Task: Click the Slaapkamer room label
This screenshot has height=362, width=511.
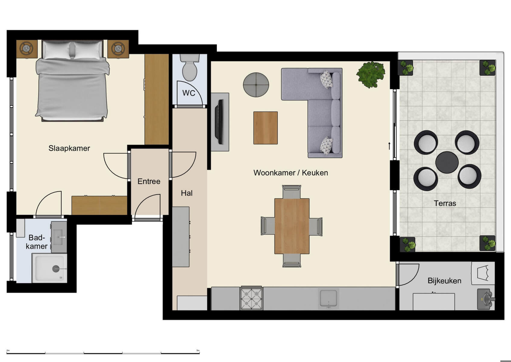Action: tap(69, 148)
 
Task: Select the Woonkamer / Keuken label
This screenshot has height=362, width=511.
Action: tap(290, 173)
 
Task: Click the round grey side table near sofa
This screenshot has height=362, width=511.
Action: tap(256, 85)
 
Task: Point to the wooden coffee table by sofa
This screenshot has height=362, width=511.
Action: tap(265, 128)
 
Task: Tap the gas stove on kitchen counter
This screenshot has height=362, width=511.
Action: tap(251, 298)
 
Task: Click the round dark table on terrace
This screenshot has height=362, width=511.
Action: tap(447, 162)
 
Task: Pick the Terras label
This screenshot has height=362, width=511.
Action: tap(445, 203)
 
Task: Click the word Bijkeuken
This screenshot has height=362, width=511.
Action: tap(444, 281)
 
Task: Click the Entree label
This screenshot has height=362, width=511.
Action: tap(149, 181)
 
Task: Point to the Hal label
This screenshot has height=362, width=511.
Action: tap(187, 193)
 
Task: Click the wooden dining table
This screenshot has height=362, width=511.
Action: tap(292, 226)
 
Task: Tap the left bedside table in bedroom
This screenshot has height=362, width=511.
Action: tap(27, 49)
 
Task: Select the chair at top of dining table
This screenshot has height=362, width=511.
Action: tap(291, 192)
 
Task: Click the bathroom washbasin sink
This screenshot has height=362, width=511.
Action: tap(59, 237)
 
